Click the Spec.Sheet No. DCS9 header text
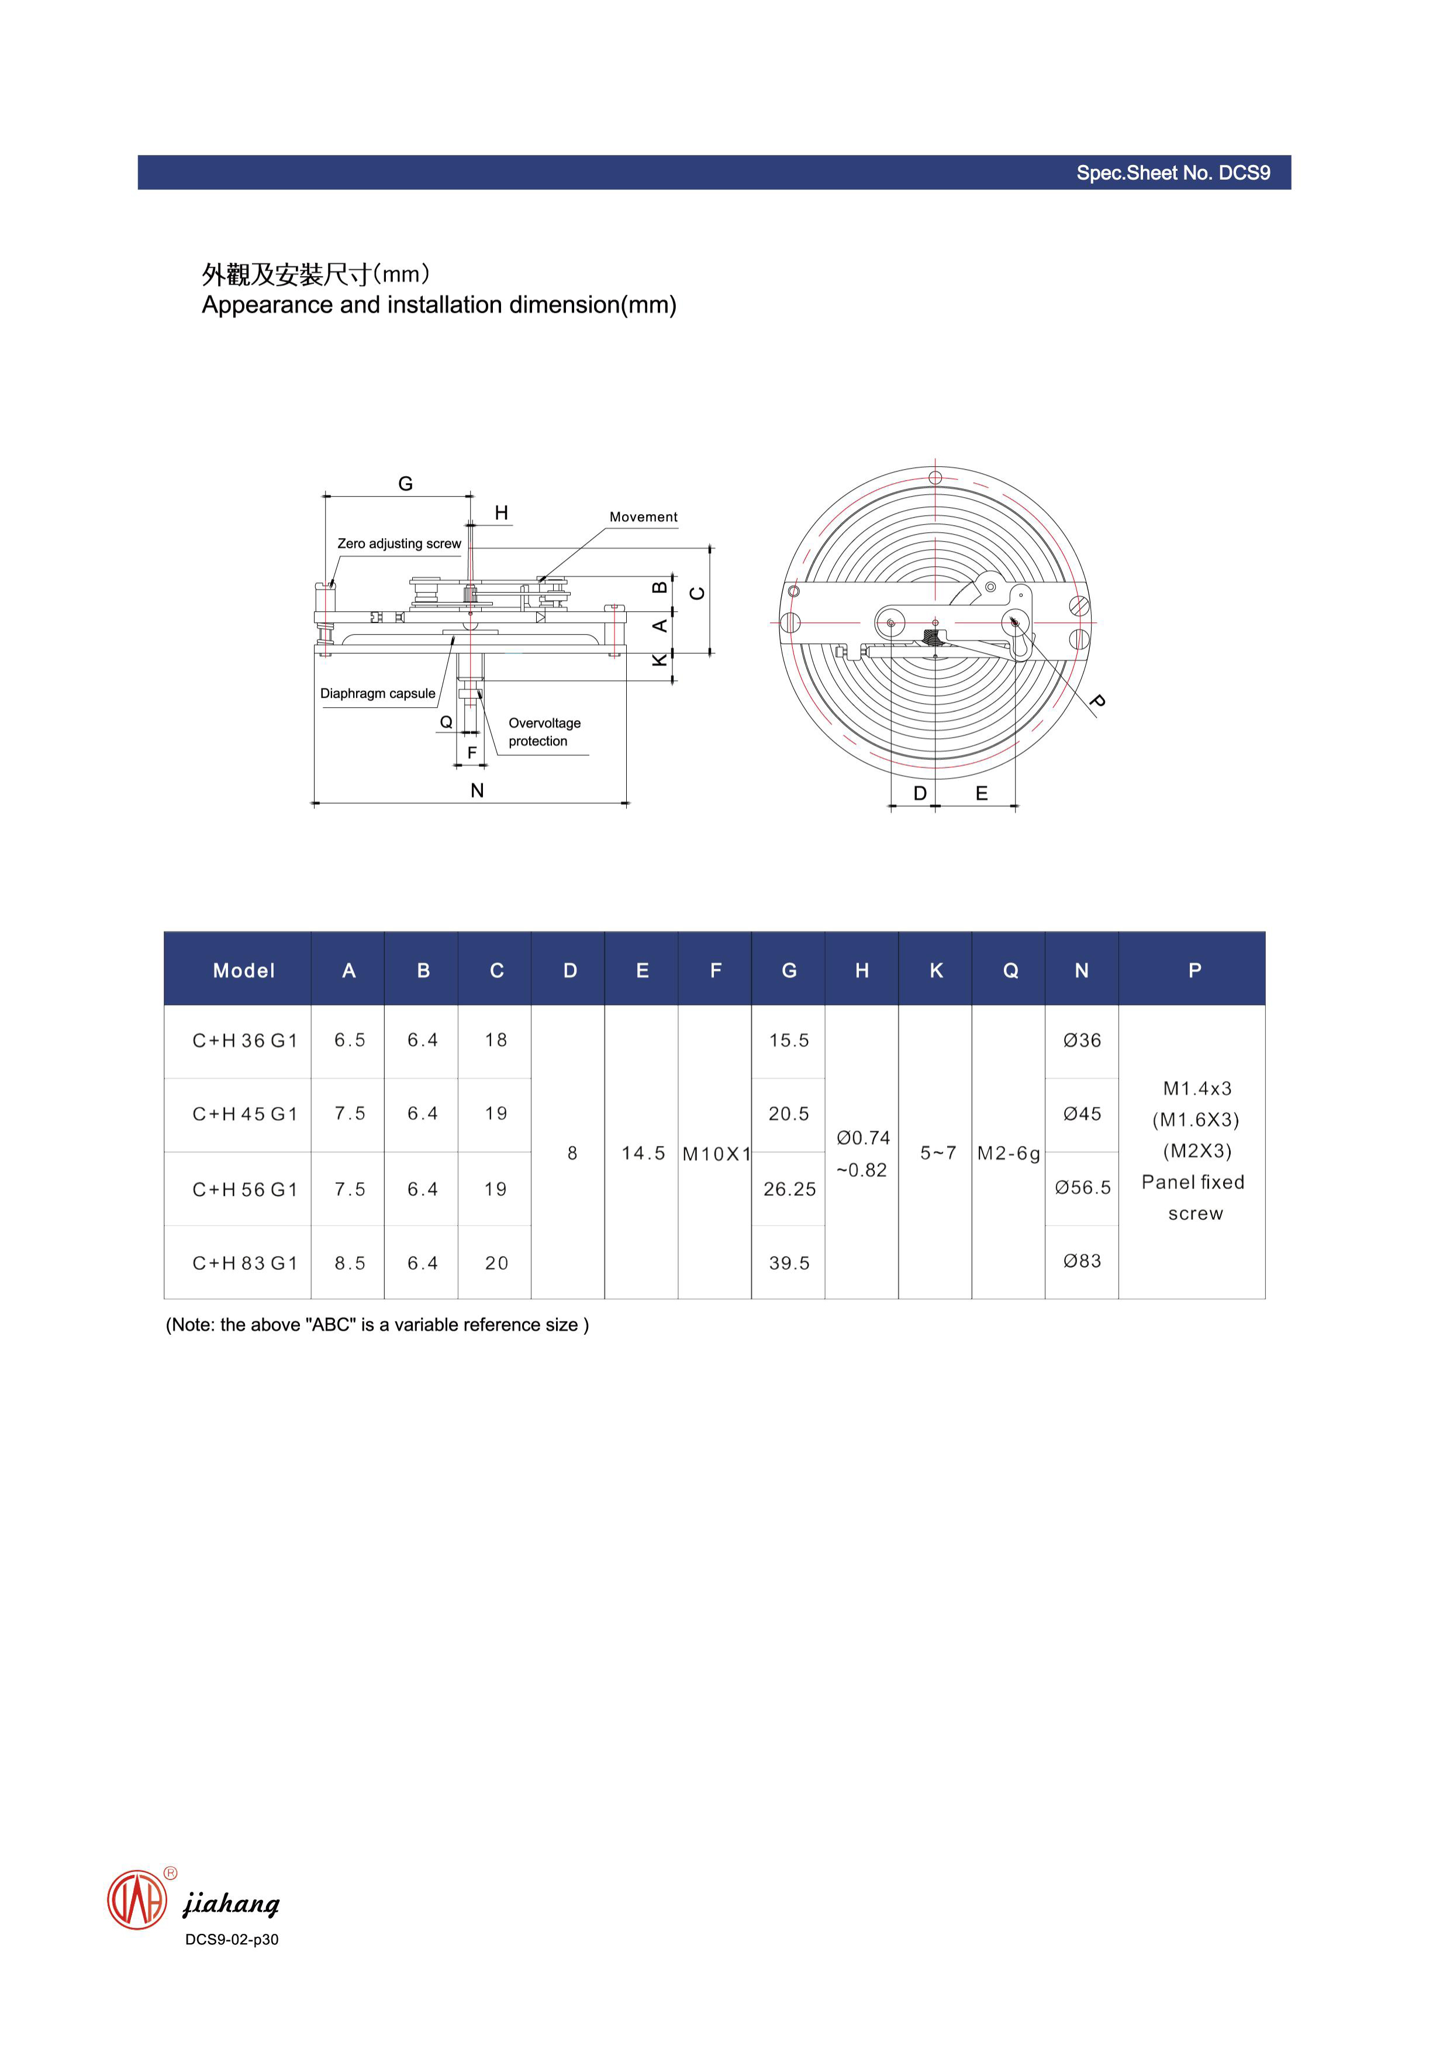click(1172, 173)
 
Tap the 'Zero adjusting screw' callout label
click(399, 543)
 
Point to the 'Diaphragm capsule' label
click(377, 694)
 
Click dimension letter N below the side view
click(477, 791)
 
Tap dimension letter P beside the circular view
click(1098, 701)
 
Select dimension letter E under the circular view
click(981, 794)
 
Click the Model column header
click(243, 970)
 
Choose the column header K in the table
click(935, 970)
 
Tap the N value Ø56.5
click(1082, 1188)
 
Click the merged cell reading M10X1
click(716, 1154)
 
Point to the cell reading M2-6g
click(1009, 1154)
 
